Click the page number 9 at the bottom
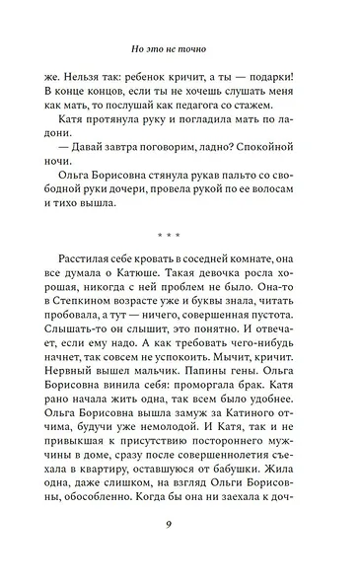180,538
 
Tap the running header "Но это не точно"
180,45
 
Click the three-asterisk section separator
180,236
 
